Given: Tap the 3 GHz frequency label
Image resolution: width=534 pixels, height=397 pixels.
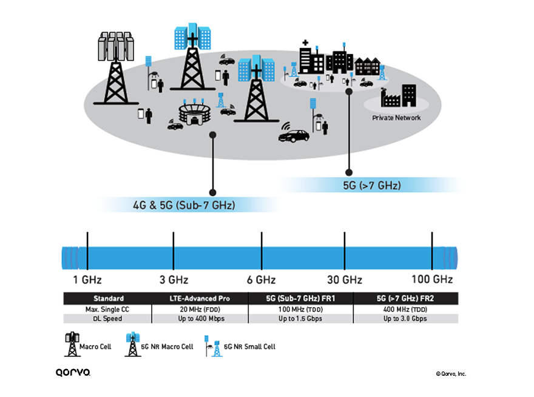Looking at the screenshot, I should coord(174,280).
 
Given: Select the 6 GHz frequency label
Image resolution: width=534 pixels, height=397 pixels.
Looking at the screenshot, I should coord(262,280).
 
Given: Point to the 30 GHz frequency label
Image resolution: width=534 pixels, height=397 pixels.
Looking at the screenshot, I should coord(345,280).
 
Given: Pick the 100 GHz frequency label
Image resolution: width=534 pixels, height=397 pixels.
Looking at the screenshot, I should coord(432,279).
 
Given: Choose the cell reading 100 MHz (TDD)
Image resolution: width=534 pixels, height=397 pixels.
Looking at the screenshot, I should coord(300,309).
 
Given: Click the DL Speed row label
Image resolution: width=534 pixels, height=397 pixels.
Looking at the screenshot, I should coord(109,319).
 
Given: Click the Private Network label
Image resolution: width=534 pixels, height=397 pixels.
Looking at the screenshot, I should coord(396,118).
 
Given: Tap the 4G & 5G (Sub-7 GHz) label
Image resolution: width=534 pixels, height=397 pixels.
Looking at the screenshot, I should coord(184,206).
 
